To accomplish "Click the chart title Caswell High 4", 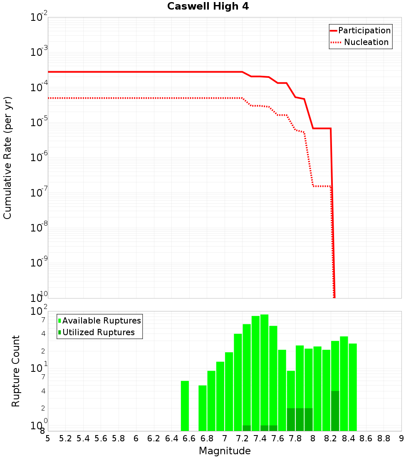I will click(x=208, y=6).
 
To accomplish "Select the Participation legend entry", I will click(x=364, y=30).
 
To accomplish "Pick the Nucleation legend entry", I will click(x=366, y=42).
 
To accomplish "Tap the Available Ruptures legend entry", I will click(x=102, y=321).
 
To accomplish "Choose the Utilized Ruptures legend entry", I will click(x=98, y=332).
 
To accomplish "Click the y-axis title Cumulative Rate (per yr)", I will click(x=7, y=157).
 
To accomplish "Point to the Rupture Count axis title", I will click(x=16, y=371).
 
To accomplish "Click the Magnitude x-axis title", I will click(x=225, y=451).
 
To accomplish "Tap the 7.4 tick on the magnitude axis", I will click(x=260, y=438).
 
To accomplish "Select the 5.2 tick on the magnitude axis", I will click(x=65, y=438).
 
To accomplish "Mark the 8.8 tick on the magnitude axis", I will click(x=384, y=438).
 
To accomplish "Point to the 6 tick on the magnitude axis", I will click(x=136, y=438).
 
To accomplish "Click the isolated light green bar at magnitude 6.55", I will click(x=185, y=406).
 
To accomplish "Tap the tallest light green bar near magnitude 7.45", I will click(x=264, y=371).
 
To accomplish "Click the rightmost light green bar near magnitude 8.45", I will click(x=353, y=387).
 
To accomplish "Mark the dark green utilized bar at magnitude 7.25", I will click(x=247, y=428).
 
